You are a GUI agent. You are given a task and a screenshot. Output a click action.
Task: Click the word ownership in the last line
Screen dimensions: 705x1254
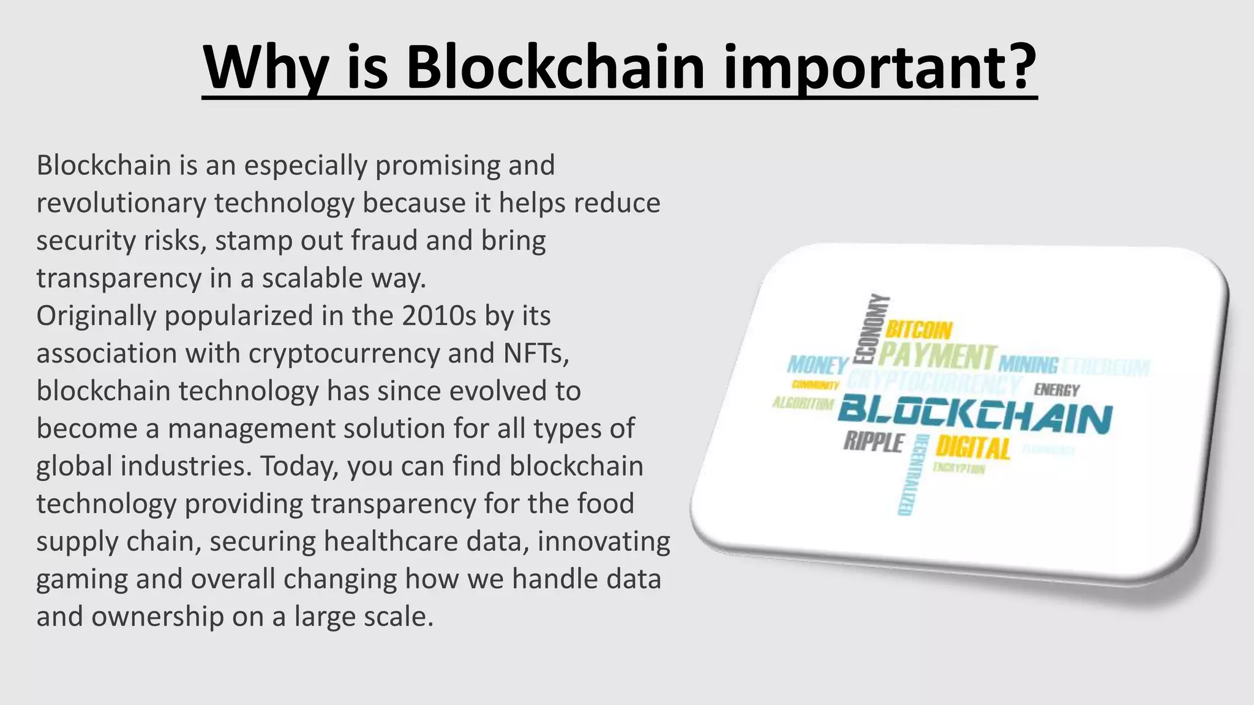click(157, 617)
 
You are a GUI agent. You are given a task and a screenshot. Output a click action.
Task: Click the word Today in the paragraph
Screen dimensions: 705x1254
click(299, 466)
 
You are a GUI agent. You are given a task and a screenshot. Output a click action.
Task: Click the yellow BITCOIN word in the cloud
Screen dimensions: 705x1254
click(919, 330)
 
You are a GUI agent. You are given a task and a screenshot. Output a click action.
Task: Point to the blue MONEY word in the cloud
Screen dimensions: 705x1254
click(817, 365)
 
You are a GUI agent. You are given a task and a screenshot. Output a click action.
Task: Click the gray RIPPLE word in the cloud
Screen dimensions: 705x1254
click(874, 442)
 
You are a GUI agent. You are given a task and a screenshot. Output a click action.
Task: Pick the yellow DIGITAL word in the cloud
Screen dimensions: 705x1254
click(973, 449)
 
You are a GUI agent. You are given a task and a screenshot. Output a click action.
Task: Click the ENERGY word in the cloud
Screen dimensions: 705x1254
click(1057, 390)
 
